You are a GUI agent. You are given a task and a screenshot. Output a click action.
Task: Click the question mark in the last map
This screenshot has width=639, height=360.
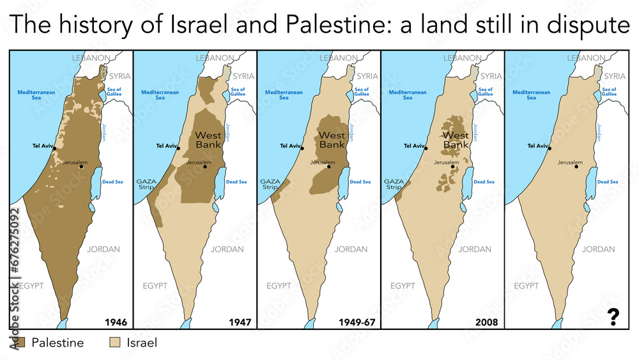pos(613,317)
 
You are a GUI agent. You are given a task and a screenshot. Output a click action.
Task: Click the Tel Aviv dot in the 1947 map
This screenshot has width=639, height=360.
pos(179,148)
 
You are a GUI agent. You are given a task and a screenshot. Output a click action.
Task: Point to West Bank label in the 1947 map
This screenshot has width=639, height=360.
pos(208,140)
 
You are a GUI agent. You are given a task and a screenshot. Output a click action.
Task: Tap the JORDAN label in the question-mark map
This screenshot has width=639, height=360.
pos(599,249)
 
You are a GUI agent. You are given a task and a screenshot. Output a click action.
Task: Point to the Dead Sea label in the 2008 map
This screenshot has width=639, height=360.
pos(484,182)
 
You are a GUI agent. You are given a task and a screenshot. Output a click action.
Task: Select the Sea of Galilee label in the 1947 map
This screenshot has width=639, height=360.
pos(238,92)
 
